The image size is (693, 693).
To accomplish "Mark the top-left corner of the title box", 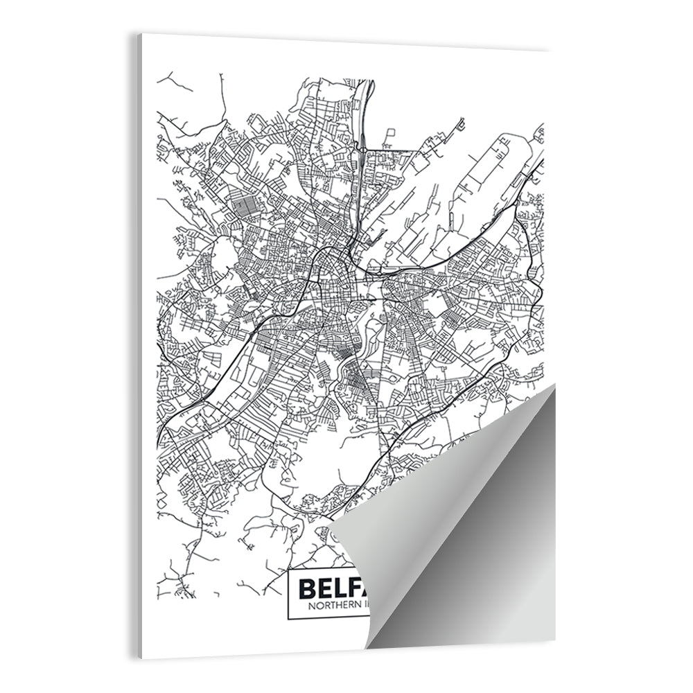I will pos(287,571).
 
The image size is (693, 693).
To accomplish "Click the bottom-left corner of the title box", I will pos(287,617).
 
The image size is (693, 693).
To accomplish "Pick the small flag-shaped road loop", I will pos(390,133).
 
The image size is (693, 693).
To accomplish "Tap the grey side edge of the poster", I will pos(139,346).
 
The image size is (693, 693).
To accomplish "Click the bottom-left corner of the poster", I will pos(141,658).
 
